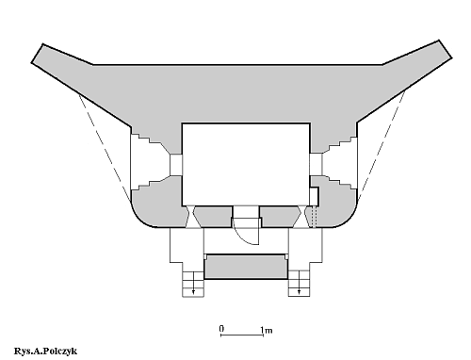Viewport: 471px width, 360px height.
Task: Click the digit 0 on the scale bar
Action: (221, 329)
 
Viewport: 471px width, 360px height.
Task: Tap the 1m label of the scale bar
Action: (267, 330)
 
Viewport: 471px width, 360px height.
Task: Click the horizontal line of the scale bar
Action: (242, 335)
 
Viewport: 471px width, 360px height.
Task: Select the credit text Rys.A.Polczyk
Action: (45, 351)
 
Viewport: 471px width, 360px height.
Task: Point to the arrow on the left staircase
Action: (193, 283)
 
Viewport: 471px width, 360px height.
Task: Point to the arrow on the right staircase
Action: (299, 283)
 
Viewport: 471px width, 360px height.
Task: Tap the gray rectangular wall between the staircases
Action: (246, 267)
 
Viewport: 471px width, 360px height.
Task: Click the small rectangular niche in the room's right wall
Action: (315, 196)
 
